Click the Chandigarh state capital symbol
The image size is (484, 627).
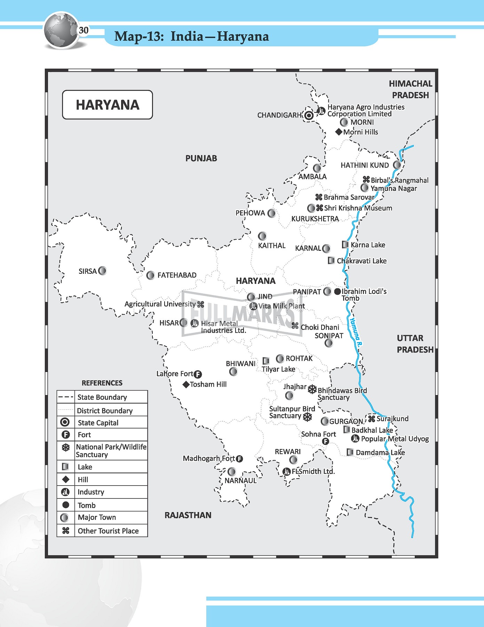tap(309, 115)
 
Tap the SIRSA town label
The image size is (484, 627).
tap(87, 271)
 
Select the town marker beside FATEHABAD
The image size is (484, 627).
tap(150, 276)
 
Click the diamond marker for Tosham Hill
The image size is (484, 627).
tap(186, 385)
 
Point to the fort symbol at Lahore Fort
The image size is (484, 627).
tap(198, 374)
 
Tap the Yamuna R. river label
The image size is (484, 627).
tap(356, 331)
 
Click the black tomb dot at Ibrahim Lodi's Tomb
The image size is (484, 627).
tap(337, 292)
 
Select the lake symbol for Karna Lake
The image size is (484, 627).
tap(345, 245)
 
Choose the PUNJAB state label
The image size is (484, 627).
tap(201, 158)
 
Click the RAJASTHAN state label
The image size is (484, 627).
tap(188, 515)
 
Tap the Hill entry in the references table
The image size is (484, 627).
tap(83, 480)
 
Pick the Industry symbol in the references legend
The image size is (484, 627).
tap(65, 492)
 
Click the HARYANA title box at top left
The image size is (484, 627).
tap(108, 105)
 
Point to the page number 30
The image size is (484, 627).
tap(84, 30)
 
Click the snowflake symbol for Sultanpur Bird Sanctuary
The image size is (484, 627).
tap(307, 417)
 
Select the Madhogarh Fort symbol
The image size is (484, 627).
tap(239, 459)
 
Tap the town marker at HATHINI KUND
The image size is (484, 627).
tap(397, 165)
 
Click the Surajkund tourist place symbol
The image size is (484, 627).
tap(372, 419)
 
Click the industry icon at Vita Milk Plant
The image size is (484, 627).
tap(253, 306)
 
